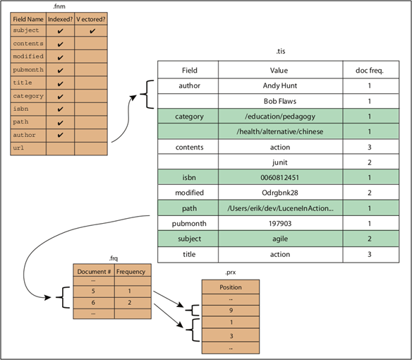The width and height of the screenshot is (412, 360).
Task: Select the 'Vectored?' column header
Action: [x=91, y=19]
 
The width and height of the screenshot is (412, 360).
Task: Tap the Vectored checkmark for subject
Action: [x=91, y=32]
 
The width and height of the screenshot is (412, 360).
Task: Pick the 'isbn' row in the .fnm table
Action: [x=28, y=109]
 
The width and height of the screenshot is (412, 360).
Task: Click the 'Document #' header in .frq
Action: [x=92, y=271]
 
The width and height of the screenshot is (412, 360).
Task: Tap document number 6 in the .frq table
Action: [x=92, y=302]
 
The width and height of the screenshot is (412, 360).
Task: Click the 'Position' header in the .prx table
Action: [x=231, y=287]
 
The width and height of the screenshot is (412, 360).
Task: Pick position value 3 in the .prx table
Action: [x=231, y=336]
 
